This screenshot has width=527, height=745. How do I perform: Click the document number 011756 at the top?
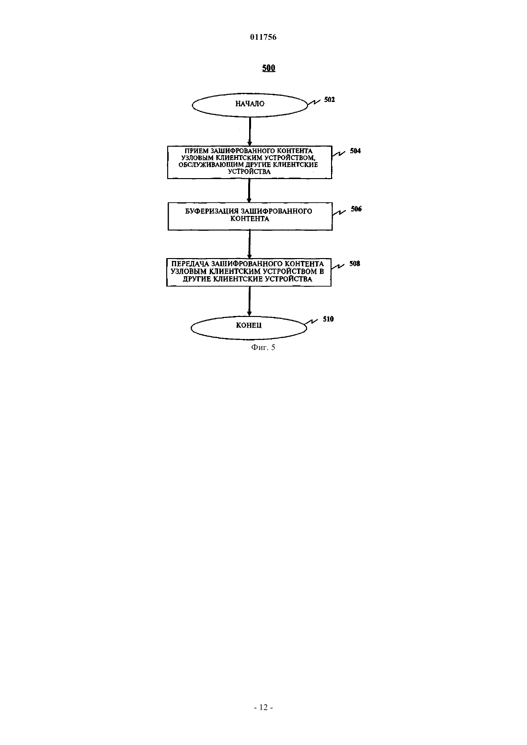[x=263, y=37]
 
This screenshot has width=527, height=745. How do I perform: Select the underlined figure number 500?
[x=268, y=68]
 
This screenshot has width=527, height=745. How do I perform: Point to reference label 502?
[x=330, y=100]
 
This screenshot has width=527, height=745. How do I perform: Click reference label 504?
[x=355, y=151]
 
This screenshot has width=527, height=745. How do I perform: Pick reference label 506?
[x=356, y=209]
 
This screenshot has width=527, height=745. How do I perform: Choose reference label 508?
[x=355, y=264]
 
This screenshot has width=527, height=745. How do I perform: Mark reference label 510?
[x=328, y=319]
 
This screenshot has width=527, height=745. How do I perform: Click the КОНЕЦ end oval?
[x=249, y=328]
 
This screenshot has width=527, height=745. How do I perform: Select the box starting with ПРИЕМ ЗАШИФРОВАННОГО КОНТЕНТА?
[x=250, y=162]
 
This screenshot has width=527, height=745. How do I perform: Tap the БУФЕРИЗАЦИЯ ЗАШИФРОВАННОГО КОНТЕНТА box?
[x=250, y=216]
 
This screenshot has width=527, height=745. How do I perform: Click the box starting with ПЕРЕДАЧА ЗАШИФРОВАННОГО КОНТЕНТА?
[x=249, y=272]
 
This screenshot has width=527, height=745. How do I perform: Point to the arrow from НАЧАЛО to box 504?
[x=250, y=131]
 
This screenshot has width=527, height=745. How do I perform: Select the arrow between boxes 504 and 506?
[x=250, y=191]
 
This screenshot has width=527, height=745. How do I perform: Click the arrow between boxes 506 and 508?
[x=250, y=244]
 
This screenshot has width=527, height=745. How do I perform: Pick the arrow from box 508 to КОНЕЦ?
[x=249, y=301]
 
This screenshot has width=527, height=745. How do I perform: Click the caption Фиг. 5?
[x=263, y=347]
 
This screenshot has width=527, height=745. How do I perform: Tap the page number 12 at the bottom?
[x=263, y=708]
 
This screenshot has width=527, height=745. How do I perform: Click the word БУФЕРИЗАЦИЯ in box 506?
[x=212, y=211]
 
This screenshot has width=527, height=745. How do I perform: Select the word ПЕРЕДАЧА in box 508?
[x=190, y=264]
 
